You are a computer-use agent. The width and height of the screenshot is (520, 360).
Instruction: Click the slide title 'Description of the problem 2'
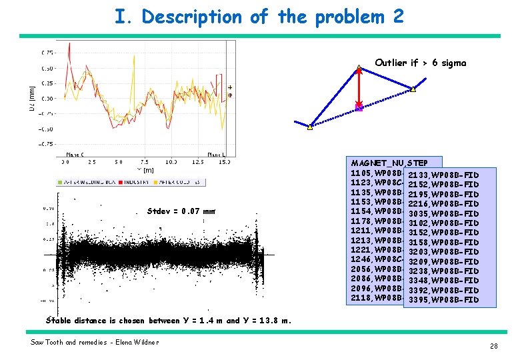point(259,17)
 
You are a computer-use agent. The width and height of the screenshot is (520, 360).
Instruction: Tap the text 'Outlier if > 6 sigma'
point(420,63)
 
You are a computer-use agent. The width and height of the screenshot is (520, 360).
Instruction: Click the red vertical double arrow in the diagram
point(359,87)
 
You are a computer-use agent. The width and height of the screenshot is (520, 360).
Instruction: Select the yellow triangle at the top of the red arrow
point(359,67)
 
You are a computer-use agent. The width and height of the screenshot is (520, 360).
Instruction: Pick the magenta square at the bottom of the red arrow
point(359,107)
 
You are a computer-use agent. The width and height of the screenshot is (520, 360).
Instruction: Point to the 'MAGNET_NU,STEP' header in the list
point(394,163)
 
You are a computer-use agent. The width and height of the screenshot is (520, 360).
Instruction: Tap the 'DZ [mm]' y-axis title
point(32,97)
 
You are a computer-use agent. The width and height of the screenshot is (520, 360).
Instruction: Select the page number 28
point(493,345)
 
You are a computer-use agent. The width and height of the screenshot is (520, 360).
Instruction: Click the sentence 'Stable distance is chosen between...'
point(168,320)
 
